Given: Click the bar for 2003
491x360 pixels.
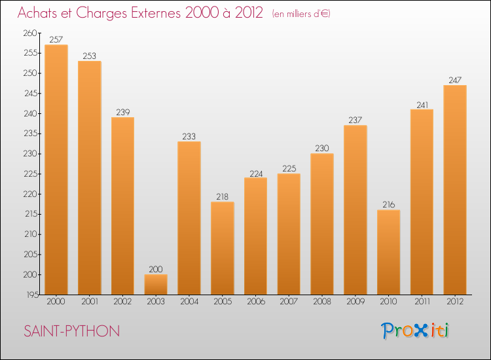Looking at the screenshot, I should (156, 284).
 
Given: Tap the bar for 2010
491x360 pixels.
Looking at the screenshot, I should (388, 251).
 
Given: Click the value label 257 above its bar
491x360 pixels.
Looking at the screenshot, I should (56, 39).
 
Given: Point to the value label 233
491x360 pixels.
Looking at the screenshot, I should (189, 137).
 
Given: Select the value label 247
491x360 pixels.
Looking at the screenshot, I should (455, 81).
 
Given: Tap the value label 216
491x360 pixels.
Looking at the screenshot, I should (388, 205).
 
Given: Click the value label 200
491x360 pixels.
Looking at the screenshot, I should (156, 270).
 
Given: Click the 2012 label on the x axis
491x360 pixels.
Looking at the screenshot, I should (455, 302).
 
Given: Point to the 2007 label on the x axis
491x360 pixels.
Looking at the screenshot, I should (289, 302).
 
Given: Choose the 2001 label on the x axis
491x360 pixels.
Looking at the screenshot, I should (89, 302).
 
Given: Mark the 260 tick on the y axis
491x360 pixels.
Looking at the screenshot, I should (31, 33).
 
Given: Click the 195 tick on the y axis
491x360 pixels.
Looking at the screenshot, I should (31, 295).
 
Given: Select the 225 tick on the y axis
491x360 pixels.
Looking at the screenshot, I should (31, 174).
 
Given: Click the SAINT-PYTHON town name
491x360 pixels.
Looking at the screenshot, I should (72, 331).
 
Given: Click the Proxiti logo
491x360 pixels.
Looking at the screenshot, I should (416, 331).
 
